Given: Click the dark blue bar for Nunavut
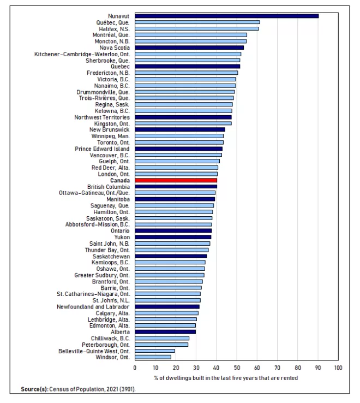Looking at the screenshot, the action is coord(227,16).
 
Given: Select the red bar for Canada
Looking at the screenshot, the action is coord(176,180).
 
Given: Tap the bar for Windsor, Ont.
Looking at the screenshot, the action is coord(153,357).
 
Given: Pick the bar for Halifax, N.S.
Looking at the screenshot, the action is coord(197,28).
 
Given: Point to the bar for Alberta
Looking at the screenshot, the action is coord(165,332).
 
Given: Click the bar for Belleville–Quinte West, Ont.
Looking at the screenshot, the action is coord(155,351).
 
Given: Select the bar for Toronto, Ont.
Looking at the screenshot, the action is coord(179,143).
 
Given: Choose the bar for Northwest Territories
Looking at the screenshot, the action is coord(183,117).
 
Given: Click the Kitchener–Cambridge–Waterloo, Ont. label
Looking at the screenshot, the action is coord(82,54).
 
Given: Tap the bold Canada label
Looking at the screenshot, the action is coord(120,180).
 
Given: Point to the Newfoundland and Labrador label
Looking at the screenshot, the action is coord(93,307).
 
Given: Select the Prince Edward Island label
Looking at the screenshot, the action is coord(102,149).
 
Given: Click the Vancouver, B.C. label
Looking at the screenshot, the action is coord(110,155).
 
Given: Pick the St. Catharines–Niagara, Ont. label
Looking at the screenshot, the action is coord(93,294).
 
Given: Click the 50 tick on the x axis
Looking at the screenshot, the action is coord(237,368).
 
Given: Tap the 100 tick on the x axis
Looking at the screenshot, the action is coord(338,368).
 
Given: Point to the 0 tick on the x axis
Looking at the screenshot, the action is coord(135,368).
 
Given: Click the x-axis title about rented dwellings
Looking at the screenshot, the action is coord(226,378).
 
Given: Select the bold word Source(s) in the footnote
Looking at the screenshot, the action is coord(35,389).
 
